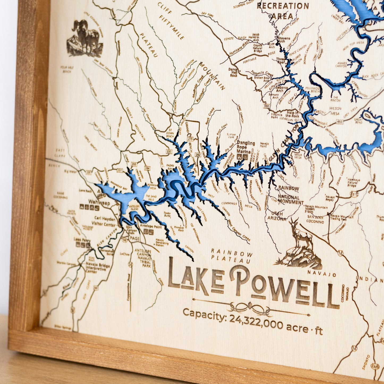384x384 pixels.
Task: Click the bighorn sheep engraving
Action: (85, 38)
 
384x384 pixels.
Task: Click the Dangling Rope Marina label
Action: (246, 147)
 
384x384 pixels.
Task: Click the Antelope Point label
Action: (151, 227)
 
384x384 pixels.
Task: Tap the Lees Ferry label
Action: (82, 240)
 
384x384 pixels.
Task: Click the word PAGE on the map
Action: (135, 239)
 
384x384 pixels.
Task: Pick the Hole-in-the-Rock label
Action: (293, 114)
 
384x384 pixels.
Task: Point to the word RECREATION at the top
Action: (283, 6)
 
